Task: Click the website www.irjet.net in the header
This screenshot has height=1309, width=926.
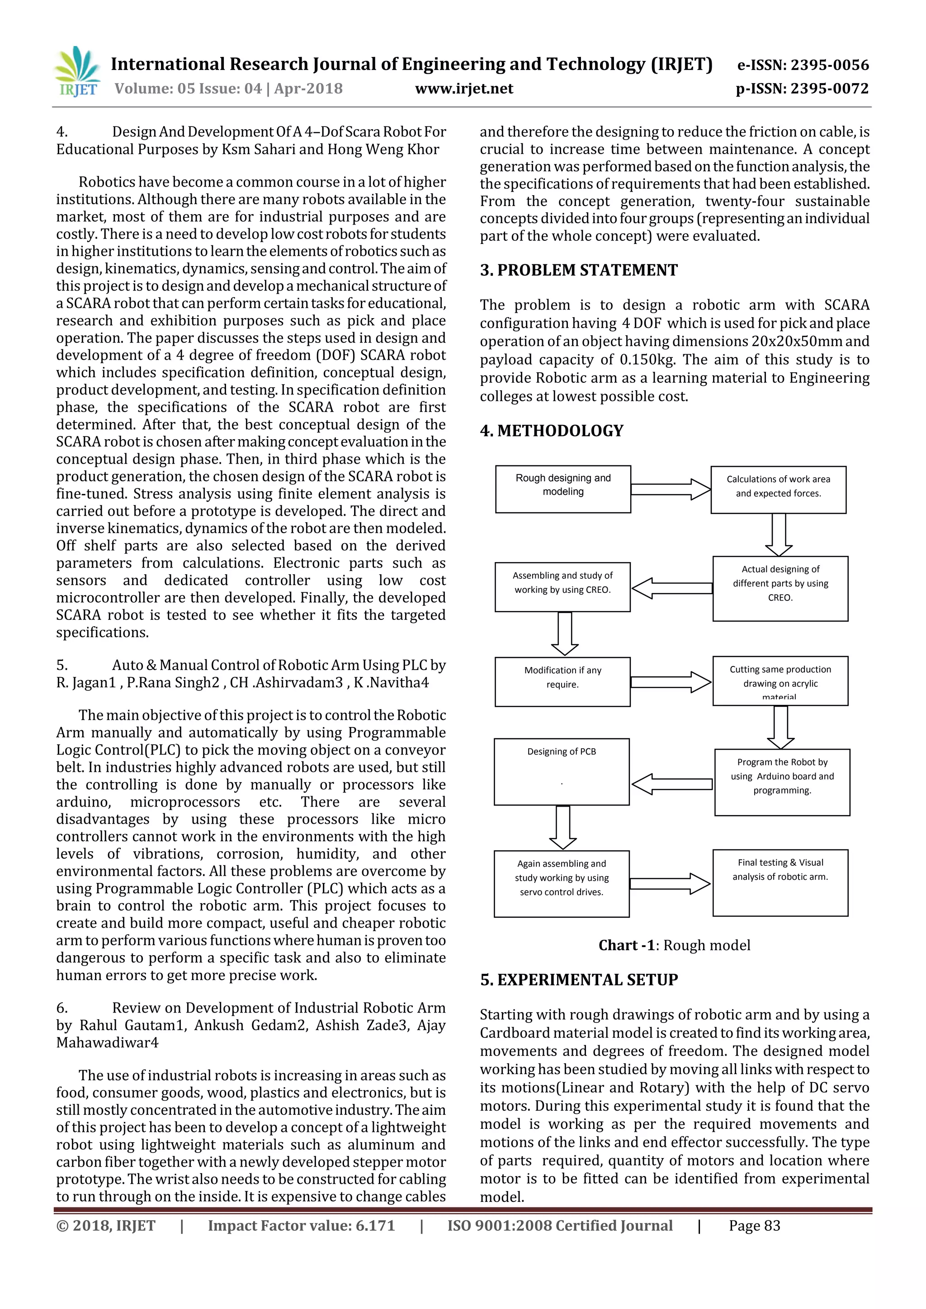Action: point(464,89)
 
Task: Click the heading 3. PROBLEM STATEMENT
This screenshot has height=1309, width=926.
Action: point(579,270)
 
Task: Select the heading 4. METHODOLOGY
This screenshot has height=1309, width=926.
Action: point(552,431)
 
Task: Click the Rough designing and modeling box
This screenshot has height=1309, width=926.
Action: point(562,489)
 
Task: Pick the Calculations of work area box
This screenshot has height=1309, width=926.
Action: point(778,489)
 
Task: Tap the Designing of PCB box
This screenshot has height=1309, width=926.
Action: point(562,771)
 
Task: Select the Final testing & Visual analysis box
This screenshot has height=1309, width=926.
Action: point(780,882)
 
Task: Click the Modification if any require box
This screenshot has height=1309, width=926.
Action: point(562,681)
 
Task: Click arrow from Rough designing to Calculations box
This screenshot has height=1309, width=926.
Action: point(671,489)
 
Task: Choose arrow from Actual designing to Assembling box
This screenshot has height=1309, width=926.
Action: point(671,588)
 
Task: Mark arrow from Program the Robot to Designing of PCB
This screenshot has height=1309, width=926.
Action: point(671,784)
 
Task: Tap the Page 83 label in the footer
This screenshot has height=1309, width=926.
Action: point(754,1226)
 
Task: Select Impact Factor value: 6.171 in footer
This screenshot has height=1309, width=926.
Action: point(301,1226)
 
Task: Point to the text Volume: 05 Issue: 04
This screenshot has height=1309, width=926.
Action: point(188,89)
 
